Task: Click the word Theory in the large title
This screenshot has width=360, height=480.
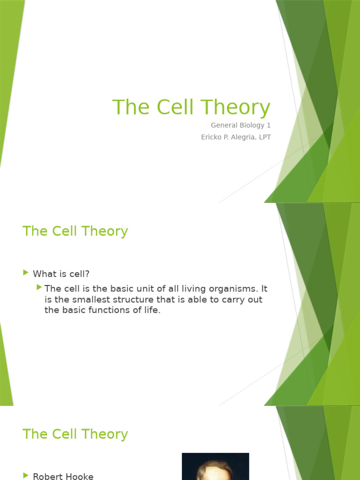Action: coord(237,107)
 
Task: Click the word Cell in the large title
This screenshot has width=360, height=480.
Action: coord(175,107)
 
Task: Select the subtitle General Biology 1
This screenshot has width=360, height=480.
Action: coord(240,125)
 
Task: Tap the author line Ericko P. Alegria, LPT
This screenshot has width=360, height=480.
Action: coord(236,137)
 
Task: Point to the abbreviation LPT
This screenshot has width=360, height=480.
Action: coord(263,137)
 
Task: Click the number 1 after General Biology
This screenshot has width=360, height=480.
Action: coord(269,125)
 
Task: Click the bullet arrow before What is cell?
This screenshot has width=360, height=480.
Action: coord(26,272)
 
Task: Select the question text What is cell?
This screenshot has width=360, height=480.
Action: coord(61,273)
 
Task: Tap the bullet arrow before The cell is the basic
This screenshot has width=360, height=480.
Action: coord(39,287)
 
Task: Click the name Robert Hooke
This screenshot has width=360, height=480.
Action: coord(63,476)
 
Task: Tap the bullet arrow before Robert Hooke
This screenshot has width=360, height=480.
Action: coord(26,475)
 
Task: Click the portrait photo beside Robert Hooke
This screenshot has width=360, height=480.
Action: coord(215,466)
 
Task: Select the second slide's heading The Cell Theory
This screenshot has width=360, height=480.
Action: coord(75,231)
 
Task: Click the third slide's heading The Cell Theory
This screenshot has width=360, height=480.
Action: coord(75,434)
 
